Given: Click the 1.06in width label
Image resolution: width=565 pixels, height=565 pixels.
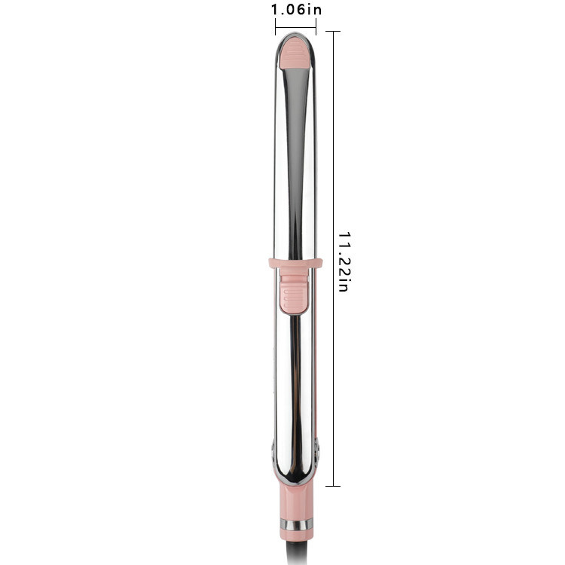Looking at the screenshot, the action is click(x=296, y=10).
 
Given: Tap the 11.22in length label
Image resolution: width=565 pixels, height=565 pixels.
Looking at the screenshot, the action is click(x=344, y=261).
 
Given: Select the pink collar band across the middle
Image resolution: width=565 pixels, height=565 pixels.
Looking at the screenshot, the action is click(x=295, y=264).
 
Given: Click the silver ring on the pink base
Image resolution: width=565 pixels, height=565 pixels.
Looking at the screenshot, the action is click(x=297, y=524).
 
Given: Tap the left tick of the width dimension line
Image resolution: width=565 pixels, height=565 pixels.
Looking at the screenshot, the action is click(x=275, y=27).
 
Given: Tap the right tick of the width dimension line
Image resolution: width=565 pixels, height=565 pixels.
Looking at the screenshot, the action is click(x=316, y=27).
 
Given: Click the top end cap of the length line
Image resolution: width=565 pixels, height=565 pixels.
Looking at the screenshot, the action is click(x=333, y=32).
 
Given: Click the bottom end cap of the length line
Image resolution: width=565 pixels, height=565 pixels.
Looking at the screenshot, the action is click(x=333, y=486).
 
